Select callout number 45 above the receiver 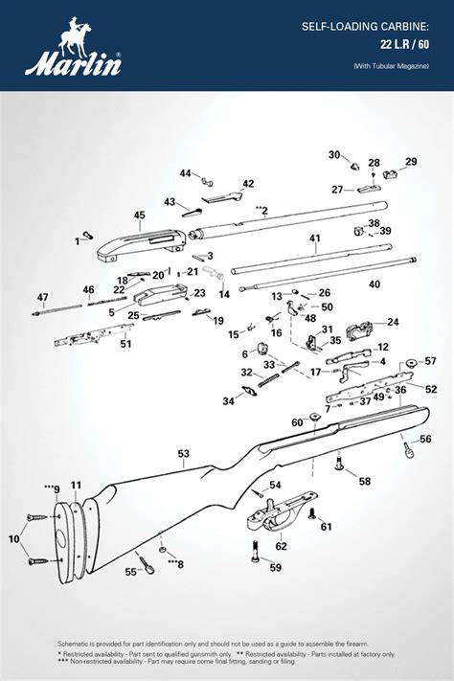[139, 216]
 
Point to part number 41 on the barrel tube [314, 238]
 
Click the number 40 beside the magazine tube [375, 284]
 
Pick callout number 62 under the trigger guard [281, 546]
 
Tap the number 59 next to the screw [276, 567]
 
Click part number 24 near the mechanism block [393, 322]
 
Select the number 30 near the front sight [334, 155]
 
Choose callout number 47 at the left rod [42, 297]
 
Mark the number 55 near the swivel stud [131, 572]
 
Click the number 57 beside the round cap [430, 361]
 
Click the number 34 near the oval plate [228, 402]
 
